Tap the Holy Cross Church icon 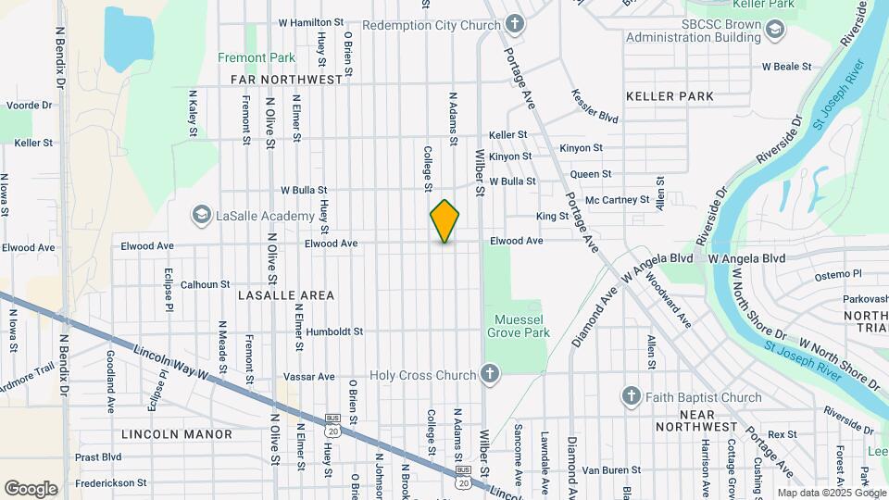pos(490,375)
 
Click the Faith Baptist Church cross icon pos(632,397)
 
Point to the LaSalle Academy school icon pos(201,216)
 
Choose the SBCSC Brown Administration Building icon pos(773,31)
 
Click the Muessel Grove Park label pos(519,325)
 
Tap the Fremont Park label pos(257,57)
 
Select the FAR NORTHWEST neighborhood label pos(287,81)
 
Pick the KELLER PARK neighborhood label pos(670,96)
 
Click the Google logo pos(31,488)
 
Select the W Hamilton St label pos(318,23)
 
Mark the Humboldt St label pos(334,331)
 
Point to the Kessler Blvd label pos(595,106)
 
